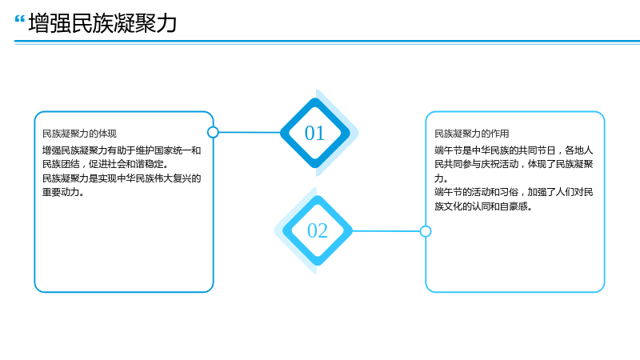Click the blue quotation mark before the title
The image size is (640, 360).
click(x=19, y=19)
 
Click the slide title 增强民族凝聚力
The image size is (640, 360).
click(x=102, y=23)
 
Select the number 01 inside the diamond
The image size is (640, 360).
click(x=314, y=133)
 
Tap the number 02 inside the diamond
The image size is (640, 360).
click(x=318, y=230)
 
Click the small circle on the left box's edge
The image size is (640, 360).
click(x=213, y=132)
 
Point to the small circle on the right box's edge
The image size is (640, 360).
click(x=426, y=231)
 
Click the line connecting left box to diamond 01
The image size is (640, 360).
click(x=250, y=132)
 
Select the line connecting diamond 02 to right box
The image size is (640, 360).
click(x=386, y=231)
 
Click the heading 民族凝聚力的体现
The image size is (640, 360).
click(x=79, y=134)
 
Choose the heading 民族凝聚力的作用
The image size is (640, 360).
click(x=471, y=134)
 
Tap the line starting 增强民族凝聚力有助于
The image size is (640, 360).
click(x=122, y=150)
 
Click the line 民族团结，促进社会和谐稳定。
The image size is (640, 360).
click(x=106, y=164)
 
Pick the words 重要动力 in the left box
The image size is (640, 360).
click(x=61, y=192)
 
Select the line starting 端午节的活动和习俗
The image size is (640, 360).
click(x=514, y=192)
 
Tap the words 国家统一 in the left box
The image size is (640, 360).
click(x=173, y=150)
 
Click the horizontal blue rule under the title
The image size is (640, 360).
click(x=327, y=42)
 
